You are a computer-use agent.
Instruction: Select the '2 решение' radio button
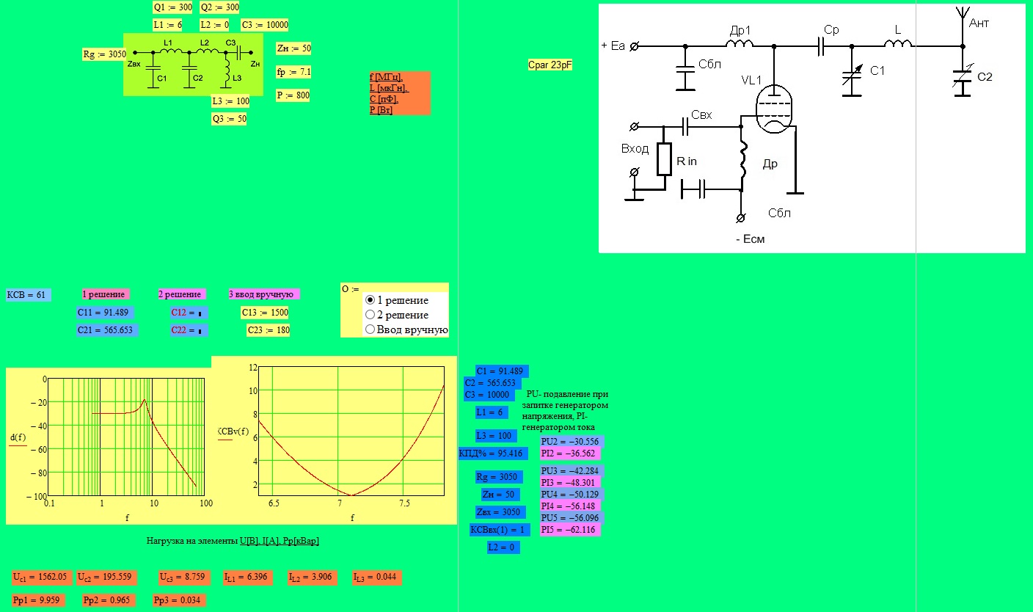(370, 315)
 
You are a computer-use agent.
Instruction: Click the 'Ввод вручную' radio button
(370, 329)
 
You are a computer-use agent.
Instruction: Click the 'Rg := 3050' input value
(104, 54)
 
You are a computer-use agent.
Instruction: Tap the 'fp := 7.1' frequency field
(293, 72)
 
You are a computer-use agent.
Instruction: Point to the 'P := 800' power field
(293, 95)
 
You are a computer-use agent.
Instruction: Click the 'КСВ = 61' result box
(28, 295)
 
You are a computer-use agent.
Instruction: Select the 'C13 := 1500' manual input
(265, 313)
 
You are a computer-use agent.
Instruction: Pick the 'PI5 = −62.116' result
(570, 530)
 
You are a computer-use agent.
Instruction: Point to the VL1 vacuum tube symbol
(774, 109)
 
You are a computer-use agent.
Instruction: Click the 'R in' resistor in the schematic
(664, 159)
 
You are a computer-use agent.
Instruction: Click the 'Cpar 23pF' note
(550, 65)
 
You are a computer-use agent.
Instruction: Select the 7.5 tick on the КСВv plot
(404, 503)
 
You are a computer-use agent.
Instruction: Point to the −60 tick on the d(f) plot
(39, 449)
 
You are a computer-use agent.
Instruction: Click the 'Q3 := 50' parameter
(229, 119)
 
